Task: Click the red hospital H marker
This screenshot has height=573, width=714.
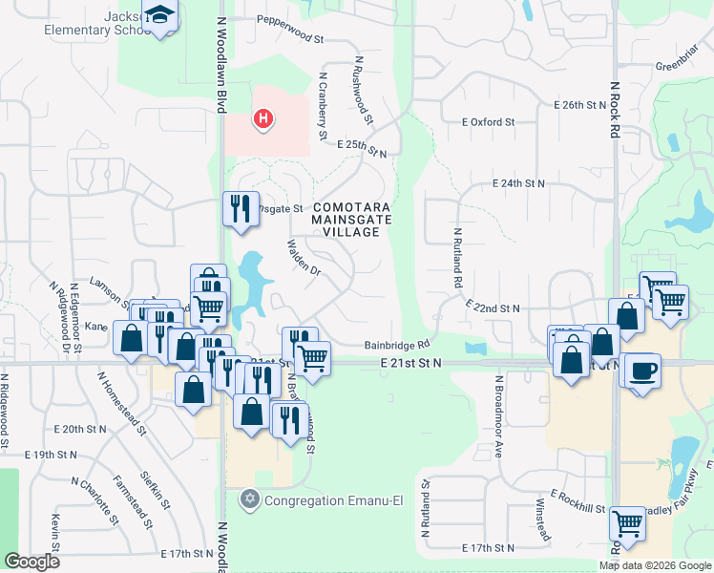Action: (x=262, y=119)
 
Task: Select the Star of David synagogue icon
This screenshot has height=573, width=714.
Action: (x=251, y=499)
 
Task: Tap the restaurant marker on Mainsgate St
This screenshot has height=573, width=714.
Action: (x=240, y=207)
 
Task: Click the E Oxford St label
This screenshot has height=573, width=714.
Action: (x=488, y=122)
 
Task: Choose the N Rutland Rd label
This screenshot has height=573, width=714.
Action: (x=457, y=258)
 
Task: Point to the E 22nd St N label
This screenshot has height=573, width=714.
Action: (x=493, y=308)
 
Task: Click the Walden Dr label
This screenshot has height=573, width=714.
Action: (x=302, y=255)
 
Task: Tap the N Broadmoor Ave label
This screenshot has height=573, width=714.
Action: (x=498, y=416)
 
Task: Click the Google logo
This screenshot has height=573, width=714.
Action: (x=31, y=562)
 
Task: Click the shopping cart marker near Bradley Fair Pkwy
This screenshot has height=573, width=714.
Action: (x=627, y=522)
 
